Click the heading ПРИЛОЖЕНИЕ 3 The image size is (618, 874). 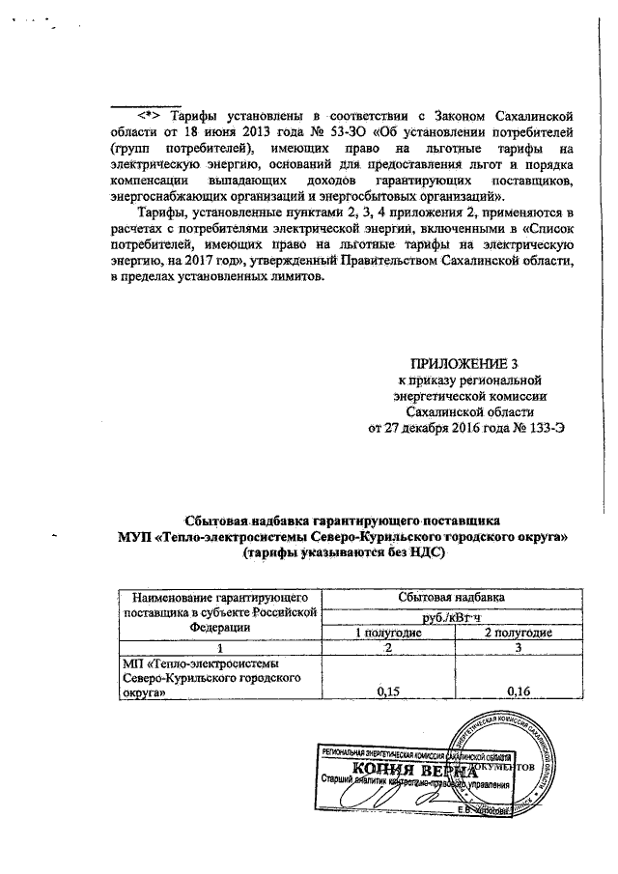point(464,364)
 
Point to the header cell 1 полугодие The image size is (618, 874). point(386,633)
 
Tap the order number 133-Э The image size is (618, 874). point(544,426)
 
